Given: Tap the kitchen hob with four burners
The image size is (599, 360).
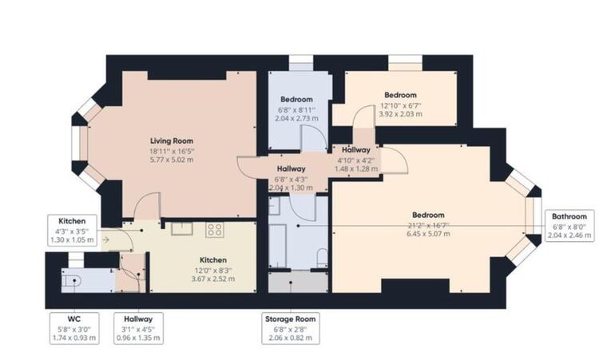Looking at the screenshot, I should click(x=215, y=231).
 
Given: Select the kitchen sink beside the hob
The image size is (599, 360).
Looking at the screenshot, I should click(x=183, y=229).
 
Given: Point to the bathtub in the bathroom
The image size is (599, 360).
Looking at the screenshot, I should click(x=280, y=239).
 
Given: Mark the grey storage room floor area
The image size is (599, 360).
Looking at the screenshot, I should click(x=297, y=282).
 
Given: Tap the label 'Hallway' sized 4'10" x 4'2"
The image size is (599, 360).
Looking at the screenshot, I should click(x=355, y=149).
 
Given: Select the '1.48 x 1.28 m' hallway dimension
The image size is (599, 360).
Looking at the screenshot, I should click(x=355, y=169).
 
